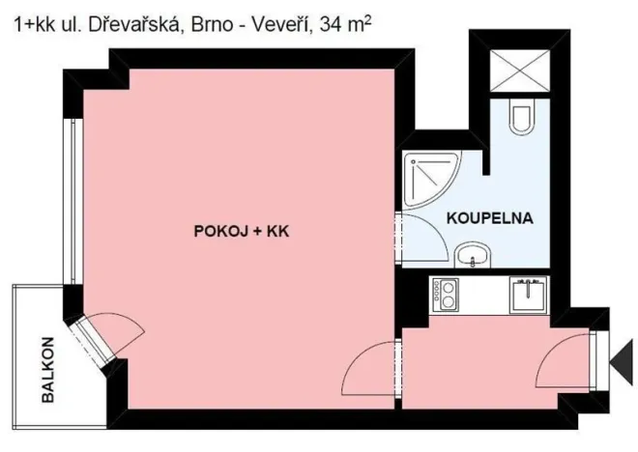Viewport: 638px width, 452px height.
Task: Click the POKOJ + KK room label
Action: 243,232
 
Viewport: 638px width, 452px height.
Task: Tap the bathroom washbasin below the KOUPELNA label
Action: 475,256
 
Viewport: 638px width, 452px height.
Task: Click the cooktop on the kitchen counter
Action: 447,295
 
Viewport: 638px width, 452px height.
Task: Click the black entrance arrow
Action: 623,359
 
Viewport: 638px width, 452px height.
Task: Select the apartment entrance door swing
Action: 568,361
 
